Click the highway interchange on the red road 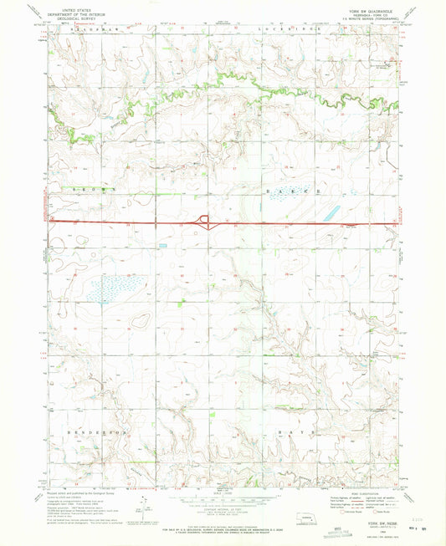[x=204, y=222]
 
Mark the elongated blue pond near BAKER [x=328, y=212]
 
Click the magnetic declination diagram [x=144, y=505]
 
